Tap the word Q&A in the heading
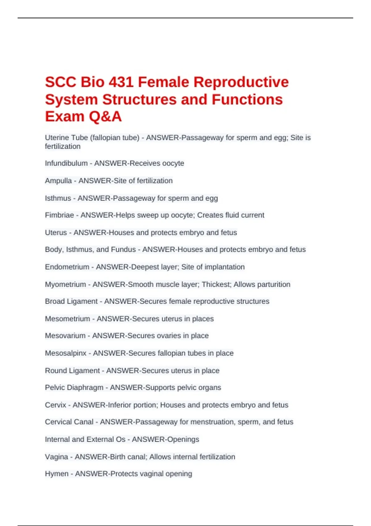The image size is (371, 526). (x=105, y=117)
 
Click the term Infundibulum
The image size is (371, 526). (x=66, y=163)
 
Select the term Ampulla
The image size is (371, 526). (x=58, y=181)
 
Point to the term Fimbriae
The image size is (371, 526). (x=59, y=215)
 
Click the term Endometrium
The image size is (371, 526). (x=67, y=267)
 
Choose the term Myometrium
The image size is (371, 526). (x=65, y=284)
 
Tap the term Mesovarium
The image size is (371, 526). (x=65, y=335)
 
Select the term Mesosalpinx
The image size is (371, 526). (x=66, y=353)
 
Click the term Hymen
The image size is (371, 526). (x=57, y=474)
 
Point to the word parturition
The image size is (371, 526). (x=271, y=284)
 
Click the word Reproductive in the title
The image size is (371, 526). (x=241, y=82)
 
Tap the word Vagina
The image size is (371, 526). (x=56, y=457)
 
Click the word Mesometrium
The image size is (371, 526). (x=67, y=319)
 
